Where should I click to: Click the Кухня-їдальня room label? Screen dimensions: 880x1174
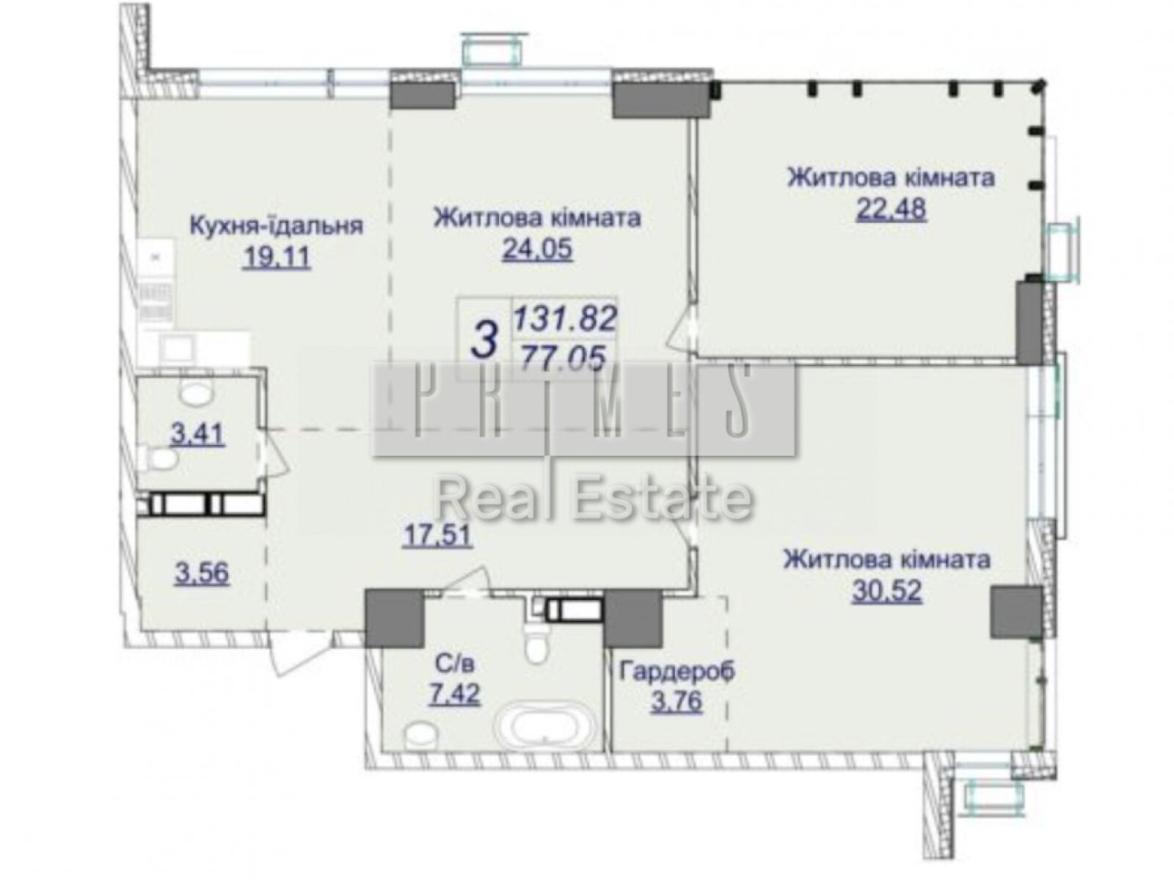coord(276,224)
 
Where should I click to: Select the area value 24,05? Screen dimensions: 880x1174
coord(537,251)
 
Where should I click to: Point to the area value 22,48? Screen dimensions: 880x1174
coord(891,210)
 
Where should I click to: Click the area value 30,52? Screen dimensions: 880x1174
coord(886,591)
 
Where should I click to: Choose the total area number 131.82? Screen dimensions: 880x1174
coord(564,318)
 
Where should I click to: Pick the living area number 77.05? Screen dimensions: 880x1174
coord(563,358)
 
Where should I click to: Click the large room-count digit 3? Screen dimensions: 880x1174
coord(484,340)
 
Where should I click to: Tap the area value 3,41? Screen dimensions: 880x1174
coord(197,434)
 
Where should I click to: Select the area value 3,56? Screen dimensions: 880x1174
coord(202,573)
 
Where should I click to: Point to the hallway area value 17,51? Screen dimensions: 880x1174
coord(437,536)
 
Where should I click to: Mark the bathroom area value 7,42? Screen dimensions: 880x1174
coord(454,693)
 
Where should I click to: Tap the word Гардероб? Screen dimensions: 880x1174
coord(677,670)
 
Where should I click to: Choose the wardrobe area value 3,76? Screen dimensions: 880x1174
coord(677,701)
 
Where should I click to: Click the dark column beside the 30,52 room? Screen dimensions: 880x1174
coord(1016,612)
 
